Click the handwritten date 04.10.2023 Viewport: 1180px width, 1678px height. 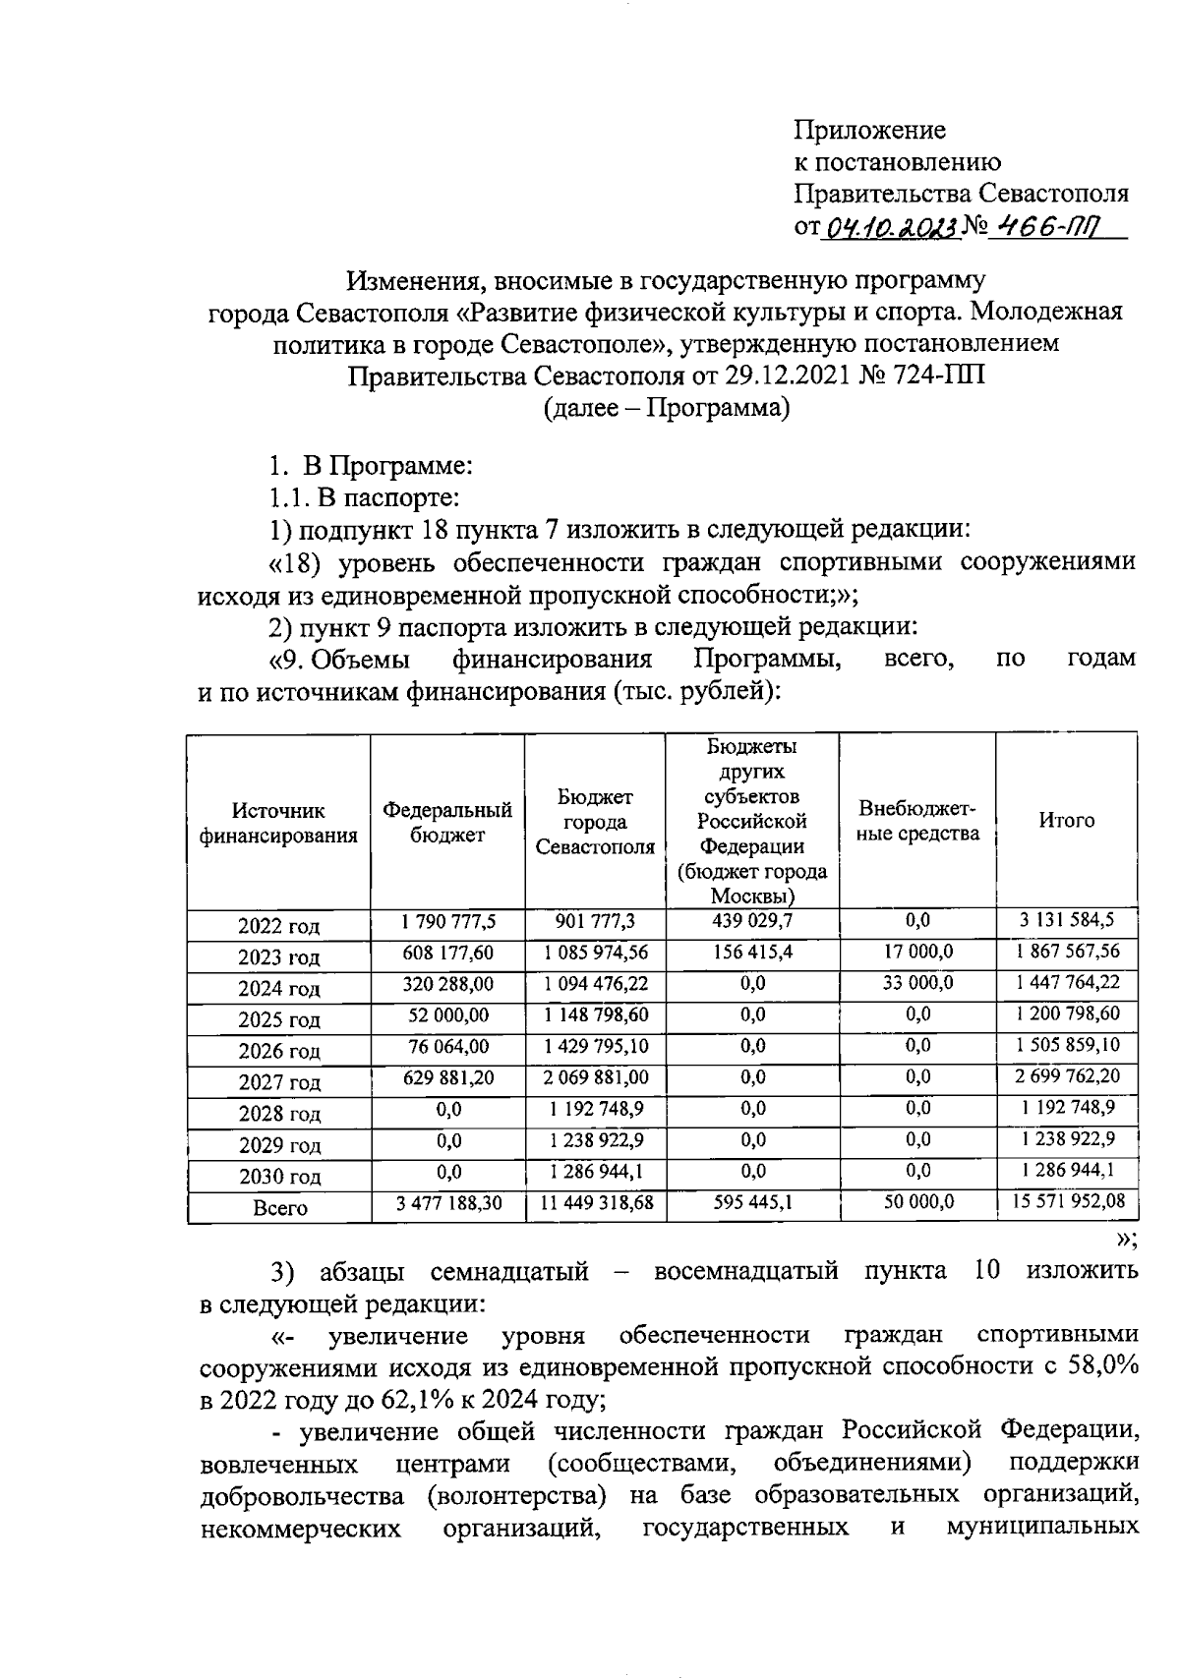[890, 228]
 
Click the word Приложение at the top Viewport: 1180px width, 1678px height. [869, 130]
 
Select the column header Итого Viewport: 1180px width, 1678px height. [1066, 820]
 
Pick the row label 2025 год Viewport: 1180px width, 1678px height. [279, 1019]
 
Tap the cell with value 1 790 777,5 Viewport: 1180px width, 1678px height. [447, 921]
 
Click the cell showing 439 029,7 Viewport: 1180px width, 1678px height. [752, 921]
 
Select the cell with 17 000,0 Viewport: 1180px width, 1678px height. [916, 952]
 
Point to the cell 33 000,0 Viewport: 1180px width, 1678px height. [916, 983]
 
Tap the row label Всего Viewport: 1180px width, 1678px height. [279, 1208]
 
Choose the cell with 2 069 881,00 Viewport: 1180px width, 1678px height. [595, 1077]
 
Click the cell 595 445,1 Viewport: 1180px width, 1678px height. [752, 1201]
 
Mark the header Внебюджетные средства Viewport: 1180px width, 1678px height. [918, 821]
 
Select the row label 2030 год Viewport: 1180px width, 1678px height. [279, 1177]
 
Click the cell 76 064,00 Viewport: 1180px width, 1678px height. [447, 1046]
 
